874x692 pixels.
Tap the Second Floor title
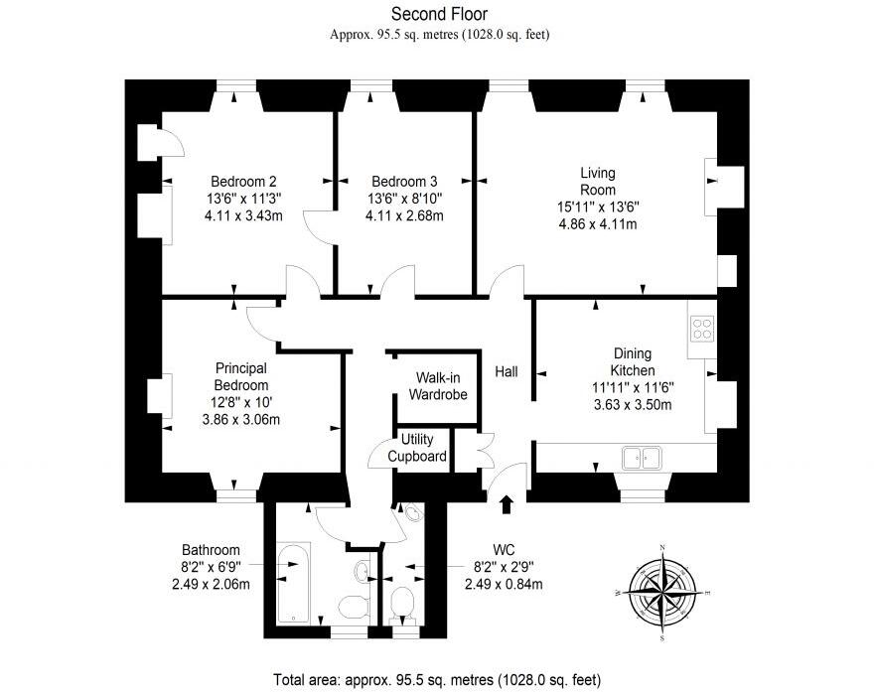(438, 13)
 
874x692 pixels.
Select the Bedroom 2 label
(243, 182)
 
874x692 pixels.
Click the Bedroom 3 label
(404, 182)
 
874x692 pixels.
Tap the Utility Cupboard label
(417, 448)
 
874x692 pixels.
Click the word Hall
(507, 371)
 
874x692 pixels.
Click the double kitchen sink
(643, 458)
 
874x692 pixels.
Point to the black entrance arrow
(507, 504)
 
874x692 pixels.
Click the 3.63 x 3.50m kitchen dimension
(632, 404)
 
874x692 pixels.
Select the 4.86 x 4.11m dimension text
(598, 224)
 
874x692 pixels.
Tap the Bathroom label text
(211, 549)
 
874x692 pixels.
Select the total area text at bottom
(437, 679)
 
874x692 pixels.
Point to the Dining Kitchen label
(632, 361)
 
